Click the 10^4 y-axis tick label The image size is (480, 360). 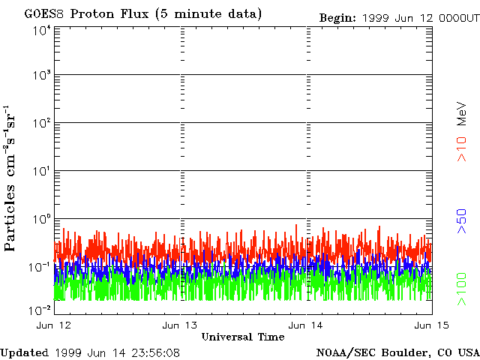(41, 31)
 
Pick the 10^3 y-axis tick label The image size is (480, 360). (41, 76)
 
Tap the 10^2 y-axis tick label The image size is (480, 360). (41, 123)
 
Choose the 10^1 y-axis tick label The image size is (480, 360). (41, 171)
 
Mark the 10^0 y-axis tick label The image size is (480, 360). (41, 219)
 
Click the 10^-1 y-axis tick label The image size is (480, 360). (40, 267)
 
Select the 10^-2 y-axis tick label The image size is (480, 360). (40, 310)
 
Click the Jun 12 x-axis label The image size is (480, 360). (53, 325)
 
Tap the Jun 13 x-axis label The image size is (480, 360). (180, 325)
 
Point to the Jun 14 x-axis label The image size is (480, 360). (307, 325)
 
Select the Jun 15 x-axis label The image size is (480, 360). (432, 325)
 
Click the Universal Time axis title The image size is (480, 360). (243, 337)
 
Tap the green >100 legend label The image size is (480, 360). (463, 291)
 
